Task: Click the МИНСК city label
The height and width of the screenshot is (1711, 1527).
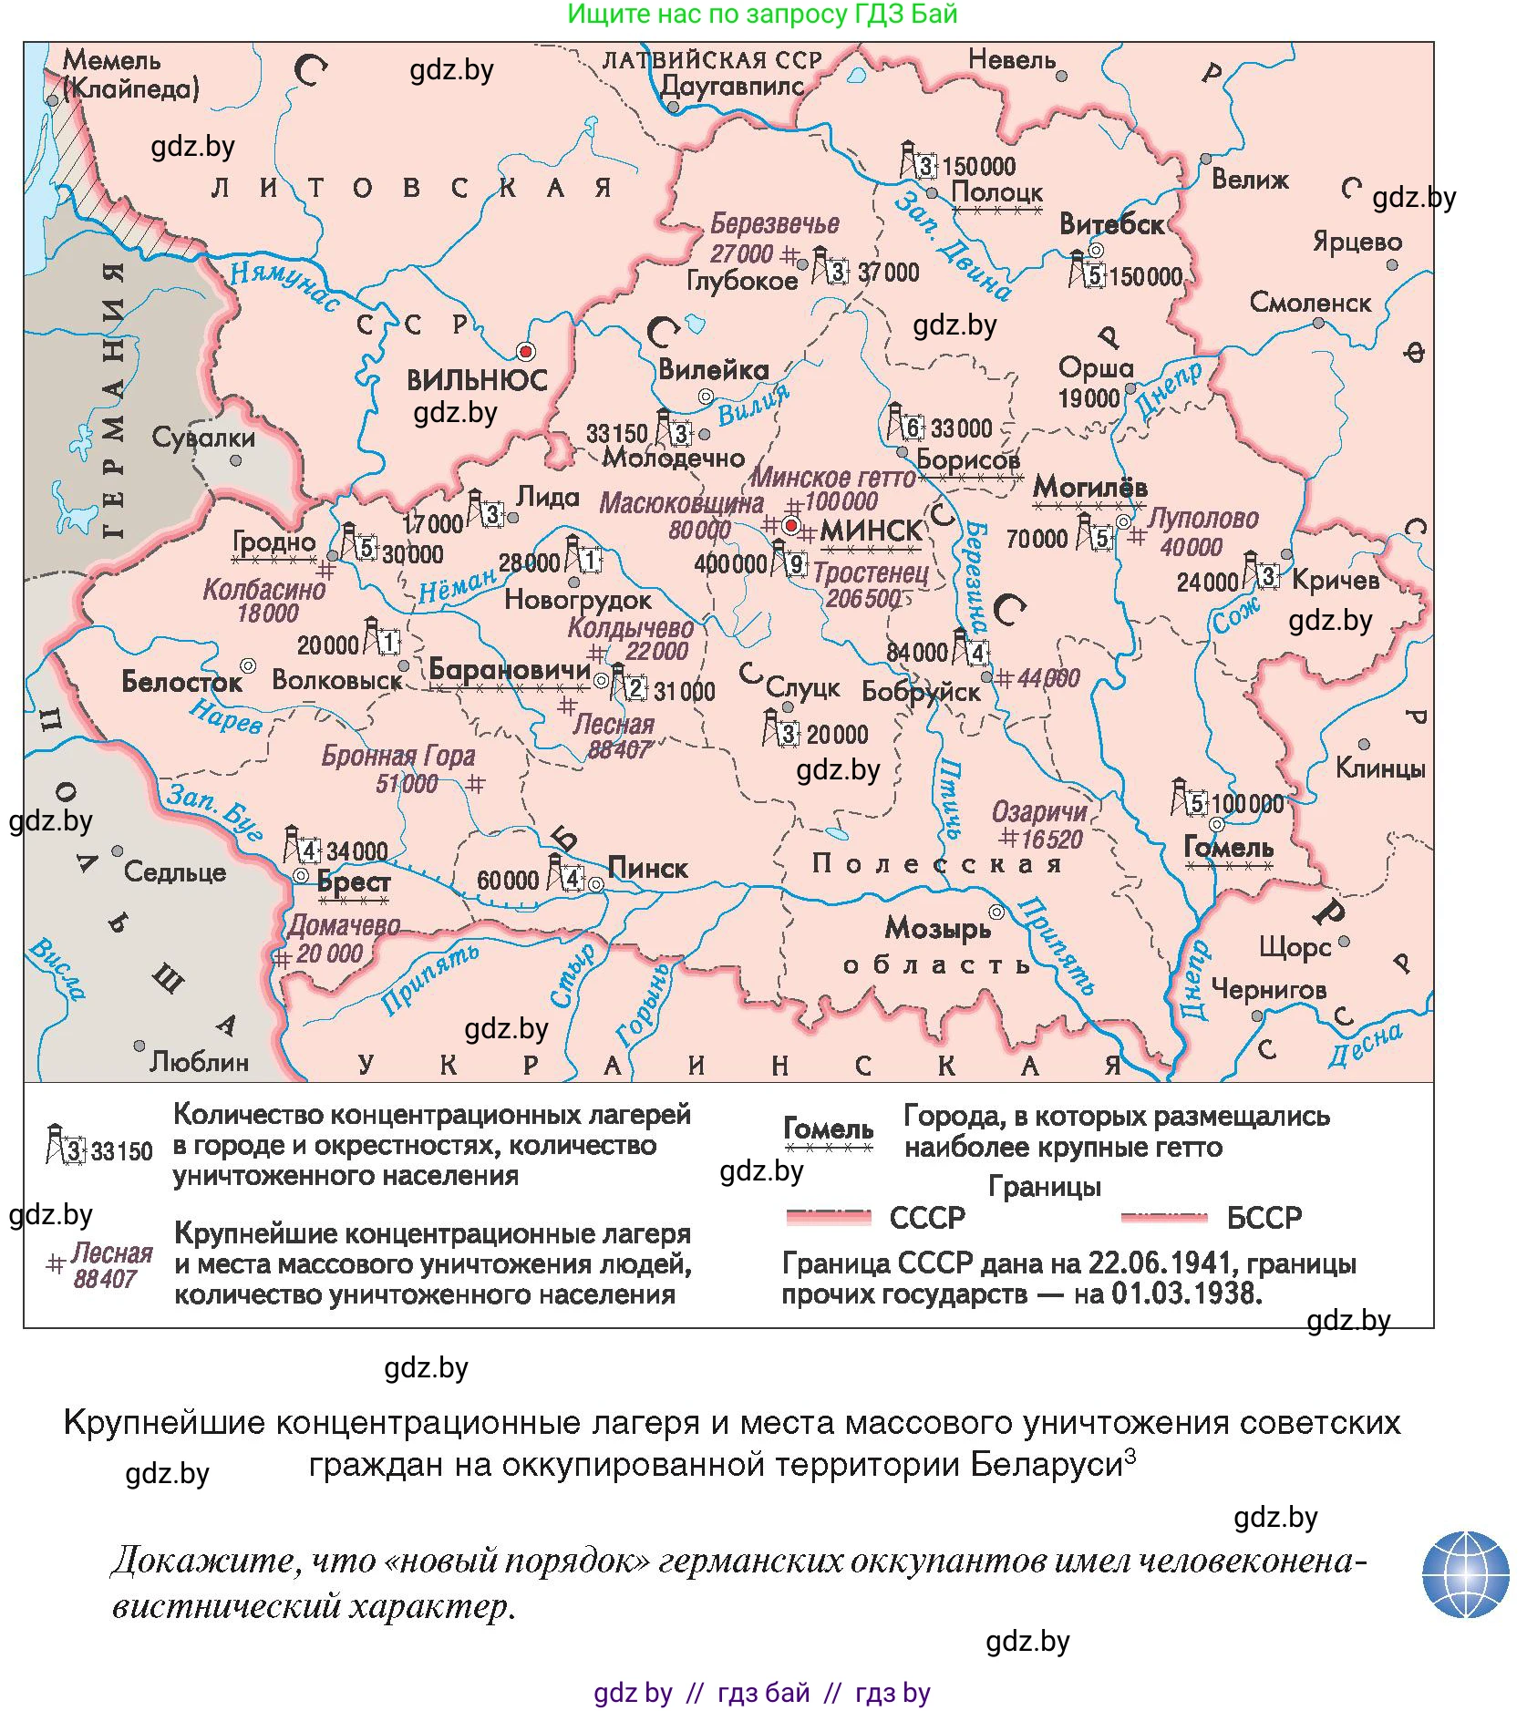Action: coord(871,530)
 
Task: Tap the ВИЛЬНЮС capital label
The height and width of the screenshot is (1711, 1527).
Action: coord(476,379)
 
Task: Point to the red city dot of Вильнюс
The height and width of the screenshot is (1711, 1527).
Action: coord(525,351)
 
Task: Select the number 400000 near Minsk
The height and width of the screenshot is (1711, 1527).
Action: coord(730,564)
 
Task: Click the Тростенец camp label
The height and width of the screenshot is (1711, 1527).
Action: coord(871,573)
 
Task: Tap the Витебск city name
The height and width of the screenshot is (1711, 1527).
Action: coord(1111,224)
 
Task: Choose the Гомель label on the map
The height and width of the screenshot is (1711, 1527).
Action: coord(1228,848)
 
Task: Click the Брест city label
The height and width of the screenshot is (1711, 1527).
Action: coord(354,882)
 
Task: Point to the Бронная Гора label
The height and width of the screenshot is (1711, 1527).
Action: coord(398,756)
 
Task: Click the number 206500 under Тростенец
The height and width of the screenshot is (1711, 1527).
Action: coord(862,599)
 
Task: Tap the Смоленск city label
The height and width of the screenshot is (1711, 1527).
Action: coord(1309,303)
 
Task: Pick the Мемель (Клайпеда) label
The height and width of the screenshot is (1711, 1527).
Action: coord(128,74)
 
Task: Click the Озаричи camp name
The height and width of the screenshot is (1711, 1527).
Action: coord(1039,812)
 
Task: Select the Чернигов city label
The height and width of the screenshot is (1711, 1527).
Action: coord(1268,989)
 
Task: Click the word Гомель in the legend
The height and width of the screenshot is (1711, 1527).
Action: coord(828,1129)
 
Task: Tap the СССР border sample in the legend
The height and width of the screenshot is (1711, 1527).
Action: coord(828,1217)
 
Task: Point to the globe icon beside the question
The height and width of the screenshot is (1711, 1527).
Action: coord(1465,1574)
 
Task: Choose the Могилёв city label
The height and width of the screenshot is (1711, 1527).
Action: coord(1089,488)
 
